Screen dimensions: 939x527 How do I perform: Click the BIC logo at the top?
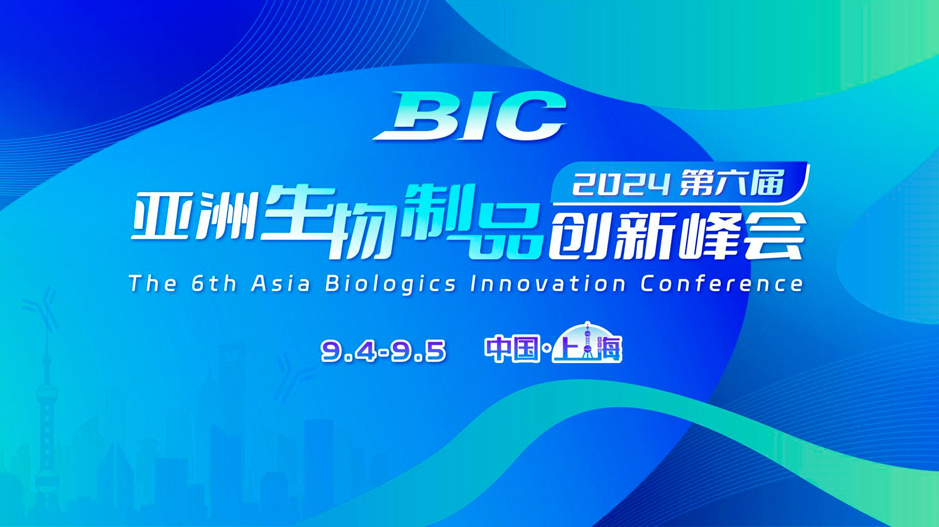tap(469, 116)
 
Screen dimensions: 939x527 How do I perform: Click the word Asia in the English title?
tap(280, 284)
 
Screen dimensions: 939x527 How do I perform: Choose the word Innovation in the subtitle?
tap(548, 284)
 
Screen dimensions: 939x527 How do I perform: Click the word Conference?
tap(721, 284)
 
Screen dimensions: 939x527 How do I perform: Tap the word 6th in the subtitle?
tap(214, 284)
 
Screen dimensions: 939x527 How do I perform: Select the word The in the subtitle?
tap(152, 284)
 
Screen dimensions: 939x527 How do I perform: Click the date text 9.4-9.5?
tap(383, 351)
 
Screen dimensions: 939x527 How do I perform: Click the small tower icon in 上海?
tap(588, 340)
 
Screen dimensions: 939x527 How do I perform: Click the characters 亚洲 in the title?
tap(194, 215)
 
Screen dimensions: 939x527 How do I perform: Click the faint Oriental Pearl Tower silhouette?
tap(47, 415)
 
